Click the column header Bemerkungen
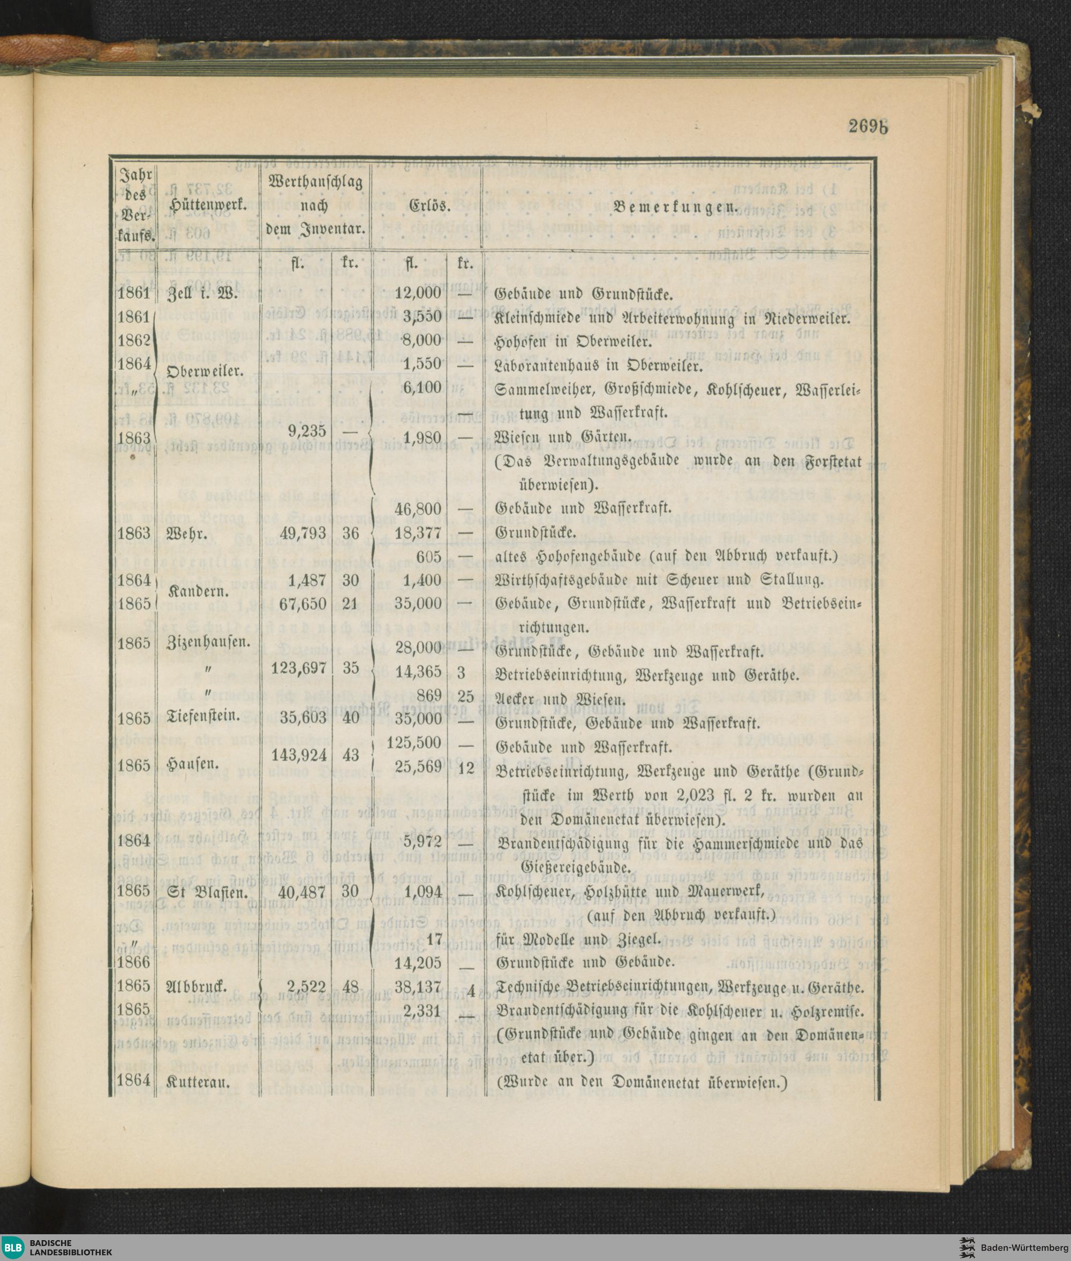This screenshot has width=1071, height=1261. pos(676,206)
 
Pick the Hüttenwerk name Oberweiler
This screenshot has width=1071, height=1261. pos(205,370)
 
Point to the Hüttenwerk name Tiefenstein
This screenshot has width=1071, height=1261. pos(203,717)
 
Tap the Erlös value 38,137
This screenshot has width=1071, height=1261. pos(418,986)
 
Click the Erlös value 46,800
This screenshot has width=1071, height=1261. pos(418,508)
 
